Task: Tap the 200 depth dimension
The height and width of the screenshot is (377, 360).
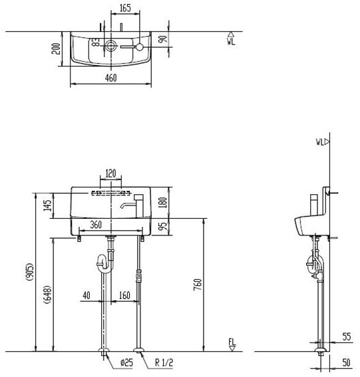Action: (x=56, y=49)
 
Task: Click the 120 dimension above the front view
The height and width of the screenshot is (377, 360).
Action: (x=111, y=174)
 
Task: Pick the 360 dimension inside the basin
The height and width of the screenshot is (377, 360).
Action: (x=95, y=225)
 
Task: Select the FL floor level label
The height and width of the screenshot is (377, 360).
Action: (x=232, y=342)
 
